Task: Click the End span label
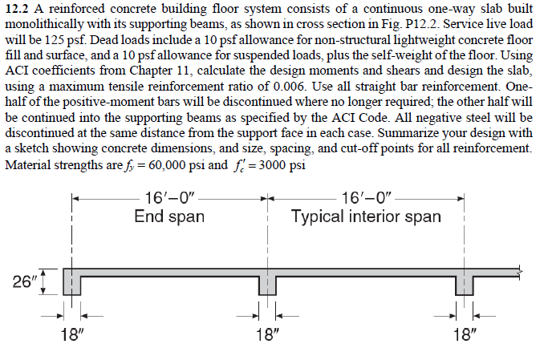coord(168,216)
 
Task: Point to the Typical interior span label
coord(366,216)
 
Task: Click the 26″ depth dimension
coord(25,281)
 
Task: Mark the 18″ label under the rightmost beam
coord(465,334)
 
